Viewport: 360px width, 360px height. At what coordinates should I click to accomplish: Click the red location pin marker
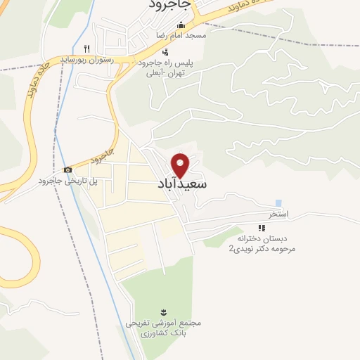(181, 165)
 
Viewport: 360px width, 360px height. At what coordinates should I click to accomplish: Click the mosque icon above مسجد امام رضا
(181, 26)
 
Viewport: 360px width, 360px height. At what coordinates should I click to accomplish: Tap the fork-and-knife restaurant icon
(86, 49)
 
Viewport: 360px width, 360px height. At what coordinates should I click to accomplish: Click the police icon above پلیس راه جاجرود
(165, 51)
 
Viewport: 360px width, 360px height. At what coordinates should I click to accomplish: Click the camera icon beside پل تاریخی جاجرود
(67, 169)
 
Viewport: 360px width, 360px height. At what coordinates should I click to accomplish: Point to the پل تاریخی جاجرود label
(71, 181)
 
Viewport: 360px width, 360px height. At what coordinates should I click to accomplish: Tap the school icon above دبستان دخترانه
(262, 228)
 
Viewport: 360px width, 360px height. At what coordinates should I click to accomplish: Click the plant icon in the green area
(164, 311)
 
